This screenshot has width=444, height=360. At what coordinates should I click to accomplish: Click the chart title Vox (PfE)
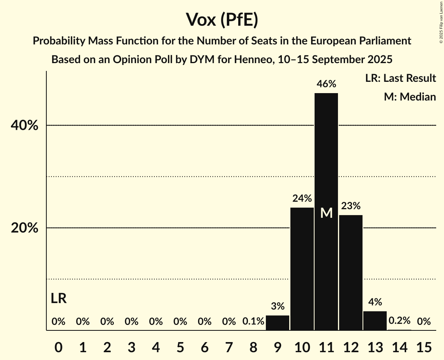(222, 20)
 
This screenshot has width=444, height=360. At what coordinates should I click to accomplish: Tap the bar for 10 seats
(302, 269)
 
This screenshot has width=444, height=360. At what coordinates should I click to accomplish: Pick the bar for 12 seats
(351, 273)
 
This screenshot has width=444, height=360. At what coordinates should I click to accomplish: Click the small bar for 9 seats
(278, 323)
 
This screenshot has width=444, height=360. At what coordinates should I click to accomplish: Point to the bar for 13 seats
(375, 321)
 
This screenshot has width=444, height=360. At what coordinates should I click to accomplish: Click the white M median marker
(326, 213)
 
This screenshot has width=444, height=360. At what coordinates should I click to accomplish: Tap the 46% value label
(326, 84)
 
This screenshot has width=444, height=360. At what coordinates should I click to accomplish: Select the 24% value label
(302, 198)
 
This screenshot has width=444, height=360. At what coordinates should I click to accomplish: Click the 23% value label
(351, 206)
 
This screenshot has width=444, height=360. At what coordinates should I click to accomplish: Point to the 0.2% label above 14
(400, 321)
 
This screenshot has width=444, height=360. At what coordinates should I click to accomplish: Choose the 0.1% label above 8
(253, 321)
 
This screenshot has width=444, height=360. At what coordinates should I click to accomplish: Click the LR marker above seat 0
(58, 299)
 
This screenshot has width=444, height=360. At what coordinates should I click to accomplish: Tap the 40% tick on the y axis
(24, 125)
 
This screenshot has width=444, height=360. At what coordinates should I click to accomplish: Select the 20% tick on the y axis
(24, 228)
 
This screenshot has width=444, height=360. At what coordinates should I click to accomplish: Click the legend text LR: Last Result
(400, 78)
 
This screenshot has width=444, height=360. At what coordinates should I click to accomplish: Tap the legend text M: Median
(410, 97)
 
